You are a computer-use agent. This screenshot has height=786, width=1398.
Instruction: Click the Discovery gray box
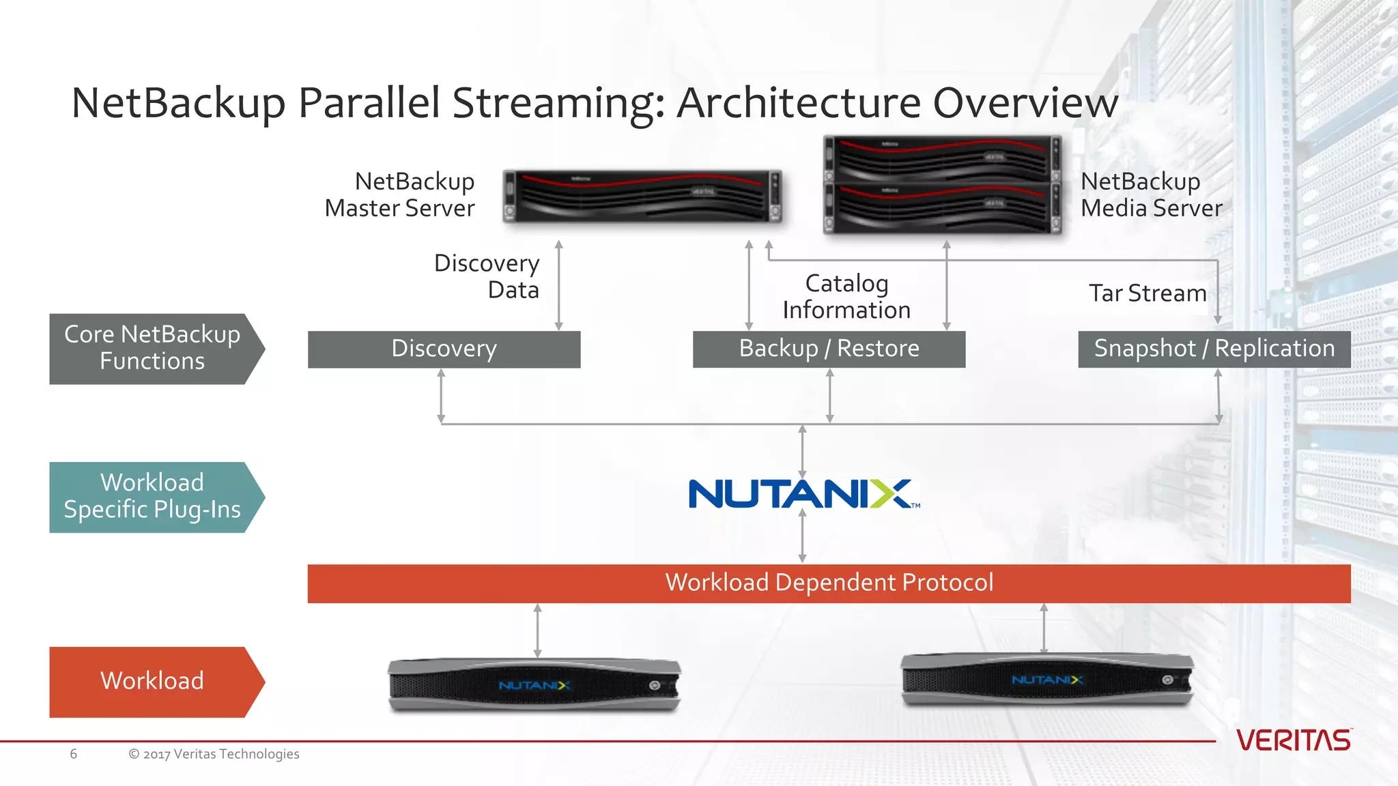tap(444, 349)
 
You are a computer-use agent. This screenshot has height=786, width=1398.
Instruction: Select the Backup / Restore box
tap(829, 349)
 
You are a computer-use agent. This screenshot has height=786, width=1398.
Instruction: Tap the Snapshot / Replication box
tap(1214, 349)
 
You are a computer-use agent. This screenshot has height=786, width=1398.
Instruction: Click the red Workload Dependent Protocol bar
tap(829, 583)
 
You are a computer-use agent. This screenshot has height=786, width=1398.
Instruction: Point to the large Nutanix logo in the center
tap(803, 494)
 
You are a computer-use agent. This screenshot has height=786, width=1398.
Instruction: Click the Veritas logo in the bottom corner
tap(1294, 740)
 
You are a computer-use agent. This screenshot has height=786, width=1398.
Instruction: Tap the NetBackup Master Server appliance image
tap(642, 196)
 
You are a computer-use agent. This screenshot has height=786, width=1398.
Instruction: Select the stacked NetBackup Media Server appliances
tap(943, 186)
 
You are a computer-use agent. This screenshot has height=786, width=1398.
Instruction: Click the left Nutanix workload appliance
tap(534, 685)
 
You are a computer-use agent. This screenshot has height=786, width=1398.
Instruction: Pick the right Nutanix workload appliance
tap(1047, 680)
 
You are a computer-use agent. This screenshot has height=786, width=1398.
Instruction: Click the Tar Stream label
tap(1147, 293)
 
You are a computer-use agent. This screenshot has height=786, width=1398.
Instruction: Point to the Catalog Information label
tap(846, 297)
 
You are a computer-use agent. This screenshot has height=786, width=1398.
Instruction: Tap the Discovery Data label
tap(487, 276)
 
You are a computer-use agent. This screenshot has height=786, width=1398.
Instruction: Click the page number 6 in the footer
tap(73, 754)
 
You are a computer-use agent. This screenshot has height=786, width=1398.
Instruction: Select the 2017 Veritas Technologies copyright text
tap(214, 754)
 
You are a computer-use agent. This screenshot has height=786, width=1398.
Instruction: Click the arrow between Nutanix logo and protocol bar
tap(802, 536)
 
